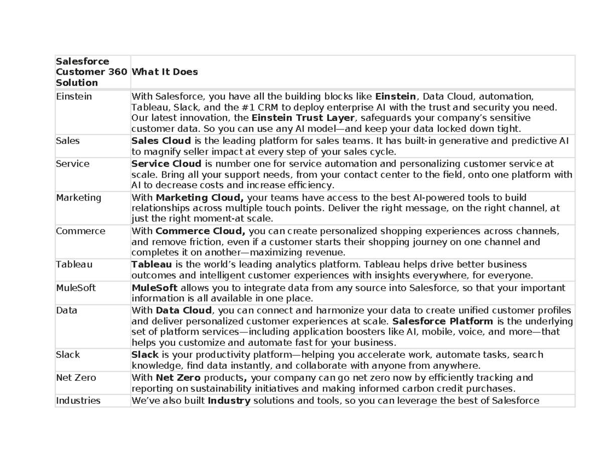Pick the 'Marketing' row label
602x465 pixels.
point(78,198)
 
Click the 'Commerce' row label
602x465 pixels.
point(80,231)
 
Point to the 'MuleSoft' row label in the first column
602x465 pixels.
point(75,288)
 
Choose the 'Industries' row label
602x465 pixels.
point(78,400)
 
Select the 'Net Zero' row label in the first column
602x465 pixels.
point(76,378)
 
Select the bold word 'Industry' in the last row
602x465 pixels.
point(228,400)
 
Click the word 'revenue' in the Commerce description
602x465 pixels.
point(327,252)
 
